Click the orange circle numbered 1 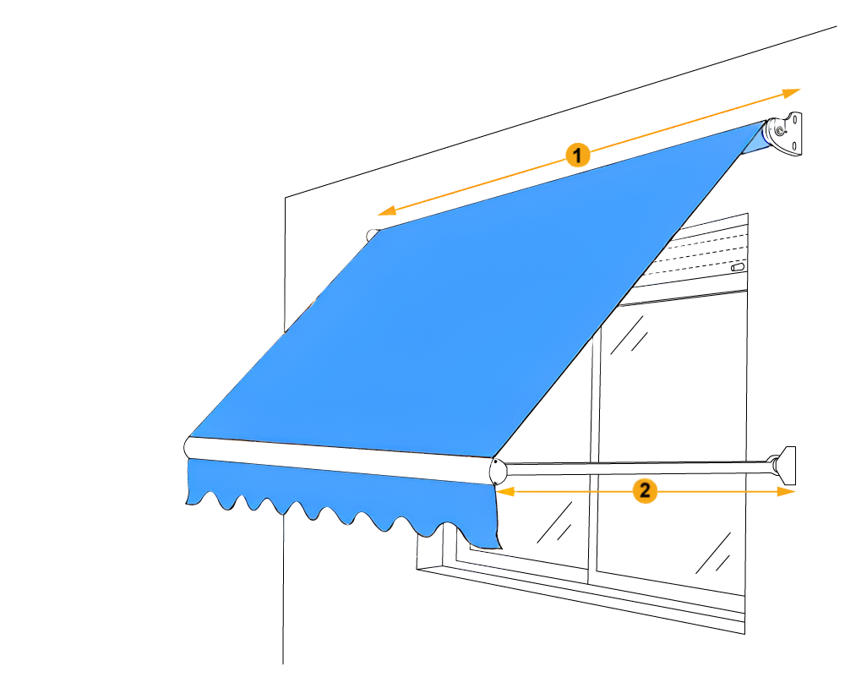[x=577, y=156]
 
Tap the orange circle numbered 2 [x=645, y=490]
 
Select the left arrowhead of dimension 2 [x=503, y=490]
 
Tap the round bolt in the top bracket [x=778, y=130]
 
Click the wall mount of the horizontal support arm [x=788, y=465]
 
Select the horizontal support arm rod [x=634, y=464]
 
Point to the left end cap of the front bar [x=188, y=447]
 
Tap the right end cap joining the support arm [x=496, y=470]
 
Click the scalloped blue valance [x=338, y=499]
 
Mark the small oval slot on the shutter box [x=738, y=268]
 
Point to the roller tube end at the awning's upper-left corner [x=372, y=235]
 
